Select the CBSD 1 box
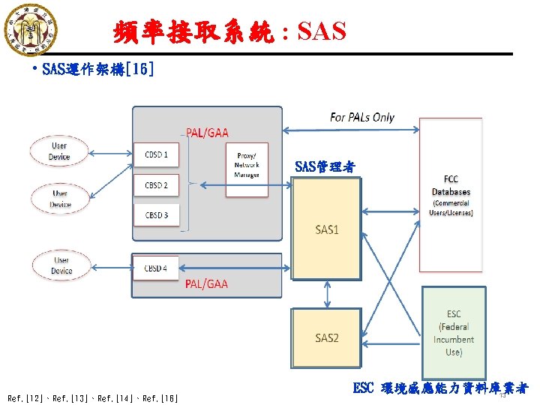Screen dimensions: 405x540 pyautogui.click(x=156, y=154)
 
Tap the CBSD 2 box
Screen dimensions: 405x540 pyautogui.click(x=156, y=185)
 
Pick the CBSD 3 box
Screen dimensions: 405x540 pyautogui.click(x=156, y=215)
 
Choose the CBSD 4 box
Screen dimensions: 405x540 pyautogui.click(x=156, y=268)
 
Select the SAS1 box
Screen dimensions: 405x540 pyautogui.click(x=326, y=229)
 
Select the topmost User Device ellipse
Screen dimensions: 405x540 pyautogui.click(x=59, y=151)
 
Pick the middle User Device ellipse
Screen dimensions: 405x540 pyautogui.click(x=61, y=199)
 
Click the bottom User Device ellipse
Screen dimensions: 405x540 pyautogui.click(x=61, y=265)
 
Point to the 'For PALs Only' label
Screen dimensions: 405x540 pyautogui.click(x=362, y=117)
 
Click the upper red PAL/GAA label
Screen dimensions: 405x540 pyautogui.click(x=207, y=133)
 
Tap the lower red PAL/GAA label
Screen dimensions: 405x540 pyautogui.click(x=206, y=284)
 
